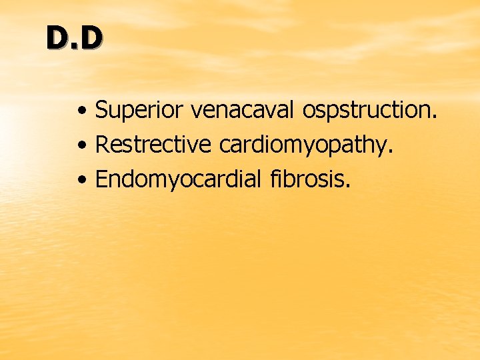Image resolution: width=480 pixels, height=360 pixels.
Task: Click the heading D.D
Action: (75, 39)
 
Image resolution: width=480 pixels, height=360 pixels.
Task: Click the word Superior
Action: (140, 110)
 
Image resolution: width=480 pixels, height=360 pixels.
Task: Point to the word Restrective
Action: (151, 144)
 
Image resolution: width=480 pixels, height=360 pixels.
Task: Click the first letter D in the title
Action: (57, 39)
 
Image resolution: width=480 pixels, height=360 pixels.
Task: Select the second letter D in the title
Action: (92, 39)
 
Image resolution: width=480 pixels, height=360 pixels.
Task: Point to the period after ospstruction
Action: (435, 117)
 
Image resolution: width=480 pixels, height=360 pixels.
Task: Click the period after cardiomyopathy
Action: (391, 151)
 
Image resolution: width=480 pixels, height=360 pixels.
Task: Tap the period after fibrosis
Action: (347, 185)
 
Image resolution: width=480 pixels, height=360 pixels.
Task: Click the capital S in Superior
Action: (102, 110)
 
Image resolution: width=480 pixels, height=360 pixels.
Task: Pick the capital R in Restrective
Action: (103, 144)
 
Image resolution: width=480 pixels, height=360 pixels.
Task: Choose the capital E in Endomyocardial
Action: (103, 178)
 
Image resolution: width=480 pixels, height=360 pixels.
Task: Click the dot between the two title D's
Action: (75, 47)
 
